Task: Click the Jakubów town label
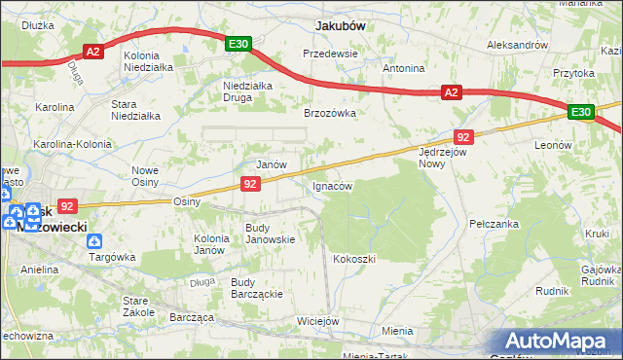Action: (340, 26)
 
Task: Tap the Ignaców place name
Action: (331, 185)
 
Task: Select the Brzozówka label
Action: (330, 113)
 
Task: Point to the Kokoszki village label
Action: (353, 259)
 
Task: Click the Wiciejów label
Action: (317, 321)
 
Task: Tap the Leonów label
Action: (552, 145)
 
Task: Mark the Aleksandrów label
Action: (517, 45)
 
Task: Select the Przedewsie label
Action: (331, 54)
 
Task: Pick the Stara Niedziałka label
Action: (135, 110)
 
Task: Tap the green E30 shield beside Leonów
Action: (581, 113)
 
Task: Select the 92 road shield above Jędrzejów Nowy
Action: (463, 137)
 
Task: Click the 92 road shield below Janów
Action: (250, 183)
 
